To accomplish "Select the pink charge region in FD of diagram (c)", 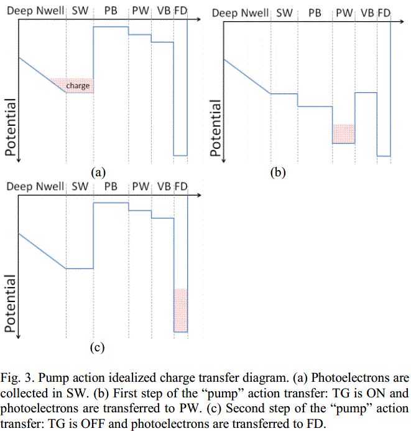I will click(x=180, y=310).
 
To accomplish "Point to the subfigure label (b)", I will click(x=278, y=173).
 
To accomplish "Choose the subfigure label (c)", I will click(x=97, y=348).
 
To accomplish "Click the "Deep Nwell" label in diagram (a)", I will click(x=34, y=11).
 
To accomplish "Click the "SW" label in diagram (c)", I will click(x=80, y=187).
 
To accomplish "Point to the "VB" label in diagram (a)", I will click(x=164, y=11).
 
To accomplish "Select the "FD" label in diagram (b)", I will click(x=384, y=12).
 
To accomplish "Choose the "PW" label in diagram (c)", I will click(x=141, y=187).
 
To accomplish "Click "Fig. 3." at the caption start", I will click(x=17, y=377).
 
